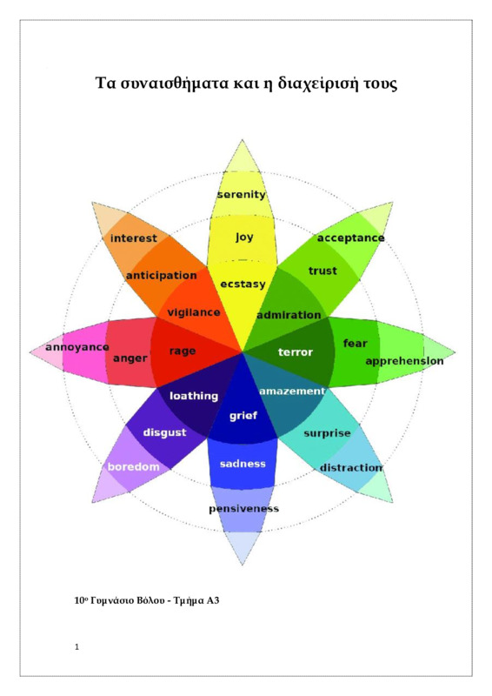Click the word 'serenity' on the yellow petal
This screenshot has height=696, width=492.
tap(242, 194)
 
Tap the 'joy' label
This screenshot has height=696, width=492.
tap(244, 237)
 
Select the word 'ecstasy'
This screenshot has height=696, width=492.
tap(243, 284)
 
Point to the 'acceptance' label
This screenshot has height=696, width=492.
tap(350, 238)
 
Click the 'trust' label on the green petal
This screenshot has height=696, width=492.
tap(322, 271)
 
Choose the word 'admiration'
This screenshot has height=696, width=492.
tap(289, 315)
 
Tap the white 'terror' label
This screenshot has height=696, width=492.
tap(295, 352)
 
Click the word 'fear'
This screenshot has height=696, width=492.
tap(356, 343)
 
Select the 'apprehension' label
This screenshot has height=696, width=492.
tap(404, 361)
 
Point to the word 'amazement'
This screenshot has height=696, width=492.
tap(292, 391)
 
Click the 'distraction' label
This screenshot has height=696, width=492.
tap(350, 468)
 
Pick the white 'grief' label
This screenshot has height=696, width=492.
tap(243, 416)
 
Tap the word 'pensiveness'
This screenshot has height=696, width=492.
tap(243, 509)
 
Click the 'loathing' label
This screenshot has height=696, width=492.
tap(194, 396)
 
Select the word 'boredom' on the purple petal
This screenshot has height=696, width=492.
tap(134, 467)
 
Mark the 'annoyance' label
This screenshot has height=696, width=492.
tap(77, 347)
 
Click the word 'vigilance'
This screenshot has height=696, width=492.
tap(194, 313)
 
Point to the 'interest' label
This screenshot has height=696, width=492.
tap(134, 238)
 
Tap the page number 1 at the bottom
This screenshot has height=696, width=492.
tap(76, 646)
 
